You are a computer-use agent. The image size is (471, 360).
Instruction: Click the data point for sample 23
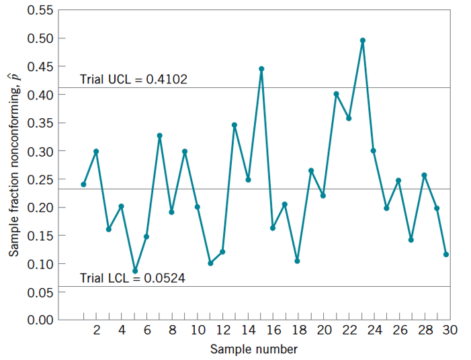point(362,40)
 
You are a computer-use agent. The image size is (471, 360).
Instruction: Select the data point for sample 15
point(261,69)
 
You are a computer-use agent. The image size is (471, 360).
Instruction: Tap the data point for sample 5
point(135,271)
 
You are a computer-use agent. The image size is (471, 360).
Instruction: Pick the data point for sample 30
point(446,255)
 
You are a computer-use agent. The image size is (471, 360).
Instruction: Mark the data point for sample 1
point(83,184)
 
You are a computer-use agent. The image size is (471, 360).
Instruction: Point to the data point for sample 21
point(336,94)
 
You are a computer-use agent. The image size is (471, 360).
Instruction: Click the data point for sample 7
point(160,136)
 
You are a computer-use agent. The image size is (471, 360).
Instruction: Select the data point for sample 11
point(210,263)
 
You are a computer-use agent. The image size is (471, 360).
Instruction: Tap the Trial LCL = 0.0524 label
point(132,277)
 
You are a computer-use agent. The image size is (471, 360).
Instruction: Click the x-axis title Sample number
point(253,349)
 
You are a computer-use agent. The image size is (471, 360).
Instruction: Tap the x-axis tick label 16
point(273,330)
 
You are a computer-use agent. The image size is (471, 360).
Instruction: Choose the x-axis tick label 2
point(96,330)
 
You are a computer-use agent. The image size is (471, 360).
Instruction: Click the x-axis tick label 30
point(449,330)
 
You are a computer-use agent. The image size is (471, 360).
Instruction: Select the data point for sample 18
point(297,261)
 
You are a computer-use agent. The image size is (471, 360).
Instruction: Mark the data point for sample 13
point(234,125)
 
